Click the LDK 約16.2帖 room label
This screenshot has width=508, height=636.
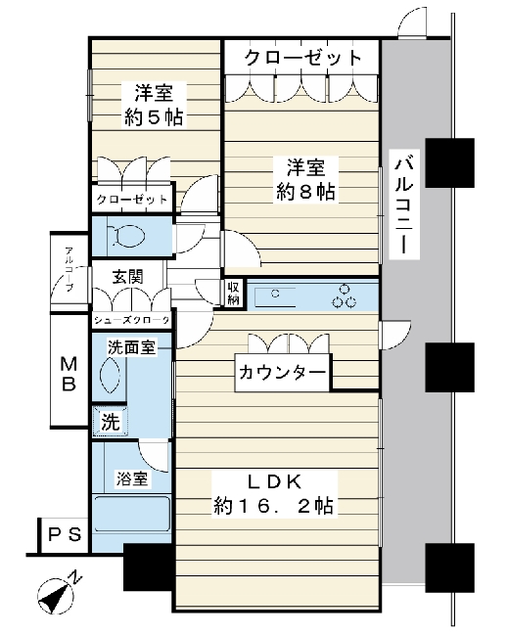[274, 494]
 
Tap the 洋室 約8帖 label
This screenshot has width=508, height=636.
[306, 180]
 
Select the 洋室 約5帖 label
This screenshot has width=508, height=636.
[154, 105]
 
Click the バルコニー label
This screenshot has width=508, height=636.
[403, 204]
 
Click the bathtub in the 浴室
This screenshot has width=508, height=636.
[131, 514]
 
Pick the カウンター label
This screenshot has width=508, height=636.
[282, 373]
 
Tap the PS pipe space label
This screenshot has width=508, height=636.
[65, 534]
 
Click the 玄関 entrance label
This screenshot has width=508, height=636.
[128, 277]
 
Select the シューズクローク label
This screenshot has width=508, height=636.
[131, 320]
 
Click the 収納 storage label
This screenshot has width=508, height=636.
[233, 293]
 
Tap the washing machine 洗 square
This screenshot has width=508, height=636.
[111, 422]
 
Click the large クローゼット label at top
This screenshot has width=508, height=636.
[302, 58]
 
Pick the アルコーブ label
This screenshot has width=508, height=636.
[69, 269]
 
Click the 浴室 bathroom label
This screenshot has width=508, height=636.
[132, 479]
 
